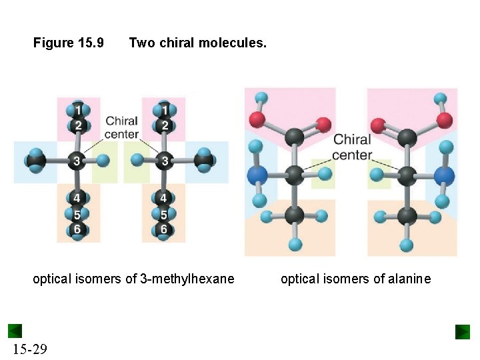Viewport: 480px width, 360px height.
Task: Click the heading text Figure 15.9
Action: [x=69, y=43]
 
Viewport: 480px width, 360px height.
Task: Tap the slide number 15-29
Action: [x=29, y=348]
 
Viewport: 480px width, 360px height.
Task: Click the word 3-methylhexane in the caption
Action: [x=187, y=279]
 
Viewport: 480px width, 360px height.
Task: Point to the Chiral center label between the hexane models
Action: [x=122, y=127]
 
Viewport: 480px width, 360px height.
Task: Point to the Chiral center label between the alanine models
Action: [x=352, y=147]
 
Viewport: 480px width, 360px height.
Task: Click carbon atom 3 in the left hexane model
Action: [x=77, y=161]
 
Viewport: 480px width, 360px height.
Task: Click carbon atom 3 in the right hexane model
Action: [x=164, y=161]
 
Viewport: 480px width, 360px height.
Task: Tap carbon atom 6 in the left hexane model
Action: [x=77, y=229]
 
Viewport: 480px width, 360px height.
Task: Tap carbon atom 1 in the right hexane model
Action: [x=164, y=109]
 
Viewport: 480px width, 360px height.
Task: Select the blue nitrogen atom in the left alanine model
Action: [x=257, y=176]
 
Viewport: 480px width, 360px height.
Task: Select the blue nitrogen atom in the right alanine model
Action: [x=443, y=176]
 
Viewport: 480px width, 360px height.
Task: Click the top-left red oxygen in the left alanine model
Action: [x=257, y=121]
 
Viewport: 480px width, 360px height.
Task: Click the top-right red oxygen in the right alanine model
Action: [x=445, y=121]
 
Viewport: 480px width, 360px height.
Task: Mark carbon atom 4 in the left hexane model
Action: [x=77, y=198]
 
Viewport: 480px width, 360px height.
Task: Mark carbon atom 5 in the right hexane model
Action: [x=164, y=215]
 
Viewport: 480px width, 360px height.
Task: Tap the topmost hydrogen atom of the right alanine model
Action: [x=441, y=98]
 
